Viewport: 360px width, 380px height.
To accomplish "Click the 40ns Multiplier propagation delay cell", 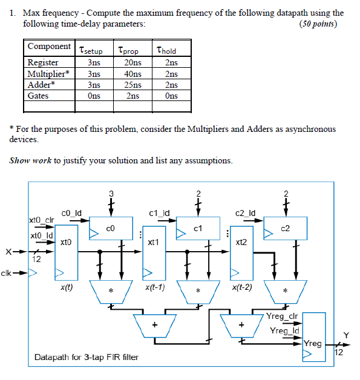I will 129,74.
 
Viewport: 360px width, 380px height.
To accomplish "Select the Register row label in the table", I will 44,62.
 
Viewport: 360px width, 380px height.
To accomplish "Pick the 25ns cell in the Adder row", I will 129,85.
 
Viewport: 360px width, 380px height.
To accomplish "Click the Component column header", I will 49,47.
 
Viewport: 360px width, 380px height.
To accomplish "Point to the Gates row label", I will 39,96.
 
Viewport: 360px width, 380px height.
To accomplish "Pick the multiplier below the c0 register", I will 110,291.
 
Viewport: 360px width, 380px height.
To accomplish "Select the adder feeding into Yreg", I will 241,326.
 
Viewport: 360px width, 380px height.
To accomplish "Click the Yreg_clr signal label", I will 281,316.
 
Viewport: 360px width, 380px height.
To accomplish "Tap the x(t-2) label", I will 243,287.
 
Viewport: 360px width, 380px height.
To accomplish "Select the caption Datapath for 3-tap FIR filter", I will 86,357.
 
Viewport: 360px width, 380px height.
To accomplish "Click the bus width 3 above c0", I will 111,194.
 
